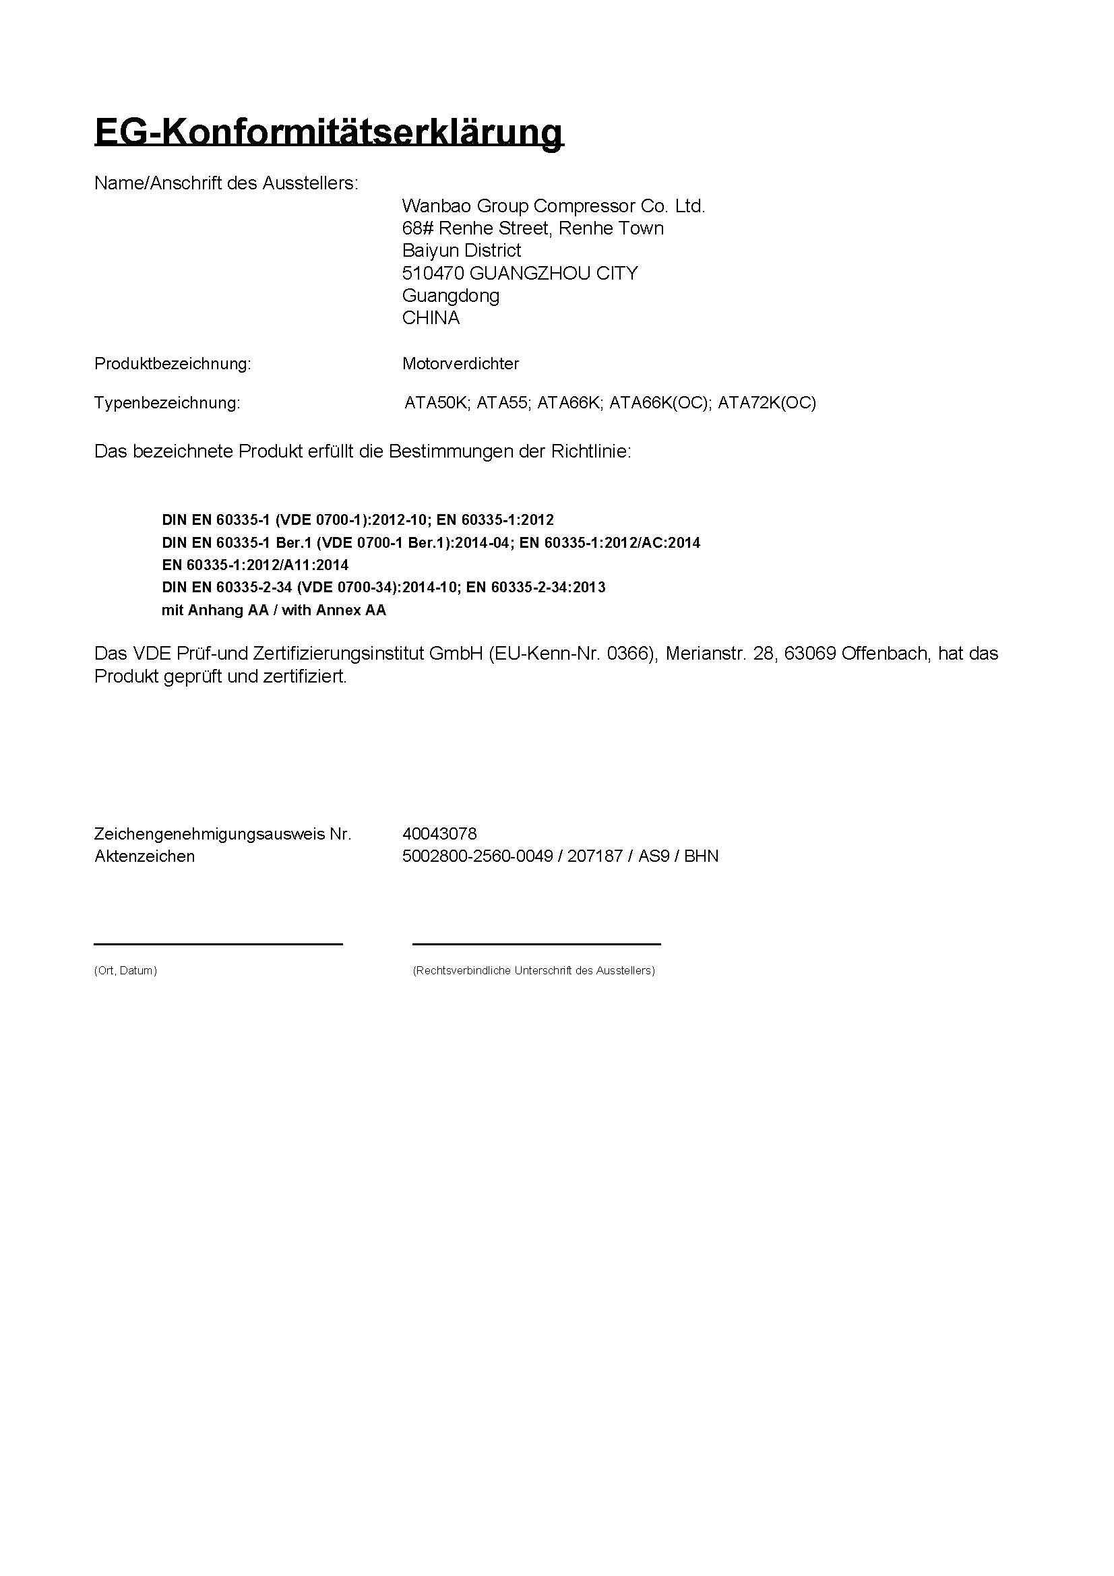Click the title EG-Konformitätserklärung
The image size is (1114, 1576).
(328, 132)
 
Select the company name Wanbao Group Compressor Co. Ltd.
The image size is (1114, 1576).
(553, 206)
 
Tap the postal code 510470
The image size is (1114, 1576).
(433, 273)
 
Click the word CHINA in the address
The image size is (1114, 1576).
(431, 318)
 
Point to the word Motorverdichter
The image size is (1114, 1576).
(460, 364)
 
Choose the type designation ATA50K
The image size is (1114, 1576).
(435, 403)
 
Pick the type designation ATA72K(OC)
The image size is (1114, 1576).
(767, 403)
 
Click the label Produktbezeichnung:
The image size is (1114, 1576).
(173, 364)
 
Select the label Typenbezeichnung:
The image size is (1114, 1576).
(166, 403)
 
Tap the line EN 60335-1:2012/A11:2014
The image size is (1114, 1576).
(255, 565)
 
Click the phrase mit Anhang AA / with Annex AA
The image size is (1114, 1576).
(274, 610)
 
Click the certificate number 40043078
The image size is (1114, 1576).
(439, 834)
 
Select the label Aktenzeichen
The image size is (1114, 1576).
(144, 856)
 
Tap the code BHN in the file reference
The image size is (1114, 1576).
(702, 856)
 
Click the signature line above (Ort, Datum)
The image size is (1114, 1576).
(218, 945)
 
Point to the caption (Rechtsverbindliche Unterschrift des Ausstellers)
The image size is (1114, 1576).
(533, 970)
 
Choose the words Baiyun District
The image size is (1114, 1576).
(461, 251)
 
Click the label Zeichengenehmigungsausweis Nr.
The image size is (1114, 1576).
(222, 834)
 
